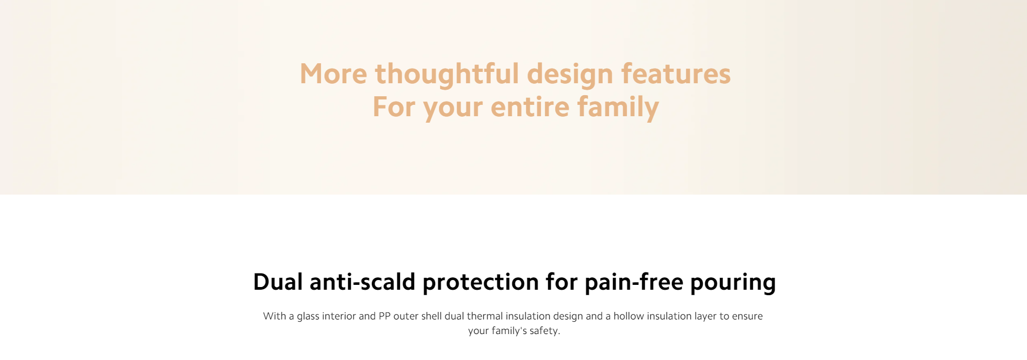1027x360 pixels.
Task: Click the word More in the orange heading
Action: (x=334, y=74)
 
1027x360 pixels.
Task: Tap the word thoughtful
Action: (x=447, y=74)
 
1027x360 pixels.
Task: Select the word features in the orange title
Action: (x=676, y=74)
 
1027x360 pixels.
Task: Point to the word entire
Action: (x=530, y=106)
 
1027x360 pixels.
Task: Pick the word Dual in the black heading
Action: (x=278, y=282)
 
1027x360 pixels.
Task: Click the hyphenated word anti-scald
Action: (x=362, y=282)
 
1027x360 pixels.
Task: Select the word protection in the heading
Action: (x=481, y=282)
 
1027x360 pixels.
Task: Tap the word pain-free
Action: (x=634, y=282)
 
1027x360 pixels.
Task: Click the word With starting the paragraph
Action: (x=275, y=316)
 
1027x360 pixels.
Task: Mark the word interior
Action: (x=339, y=316)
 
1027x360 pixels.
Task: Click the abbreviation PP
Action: (x=384, y=316)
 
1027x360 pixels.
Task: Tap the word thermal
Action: (x=485, y=316)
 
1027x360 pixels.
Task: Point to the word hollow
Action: (x=629, y=316)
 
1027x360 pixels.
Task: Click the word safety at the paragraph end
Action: (x=545, y=331)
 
